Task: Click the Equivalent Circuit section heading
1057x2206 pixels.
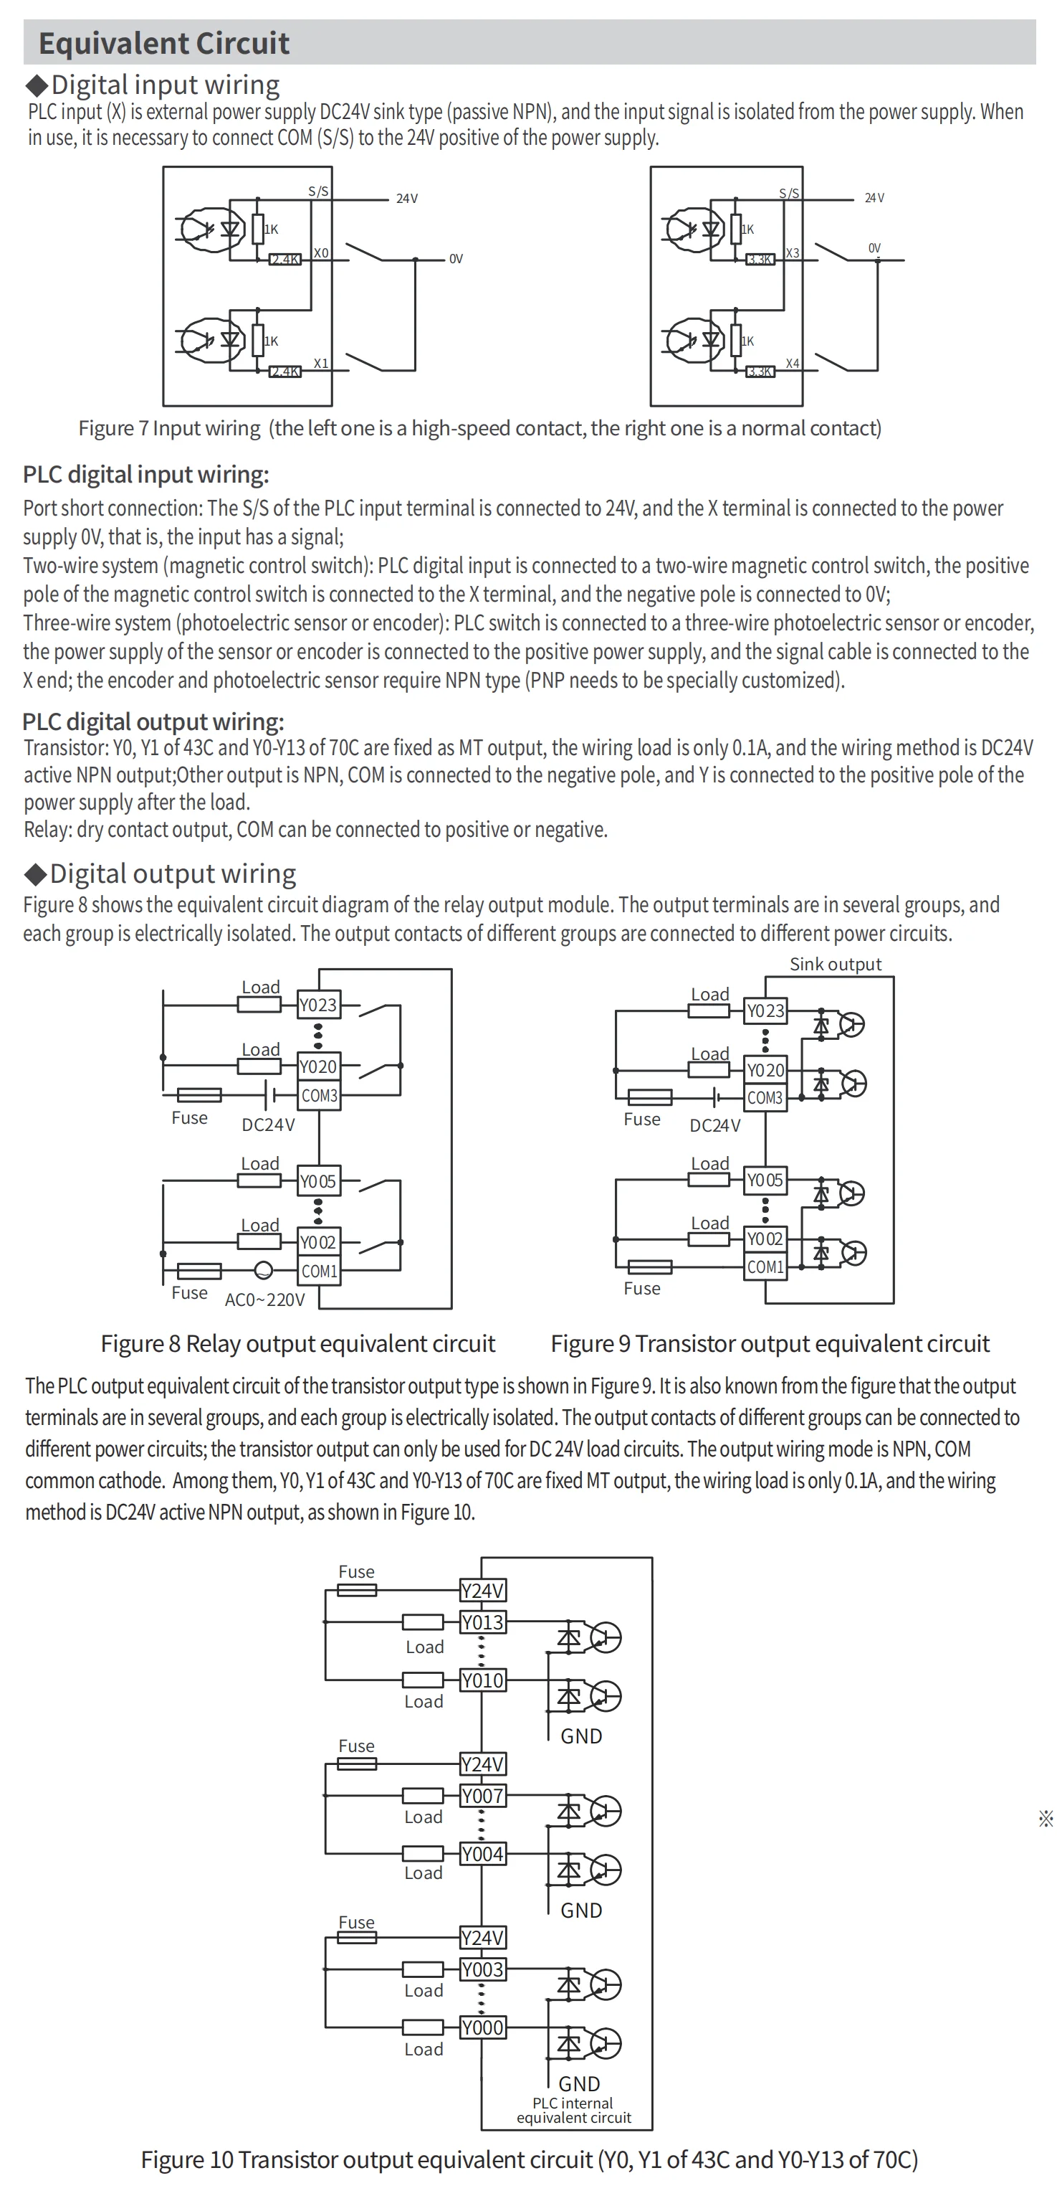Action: pos(164,43)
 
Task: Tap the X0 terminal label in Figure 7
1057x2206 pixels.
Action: pos(321,252)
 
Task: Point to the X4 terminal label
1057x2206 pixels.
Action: pos(793,364)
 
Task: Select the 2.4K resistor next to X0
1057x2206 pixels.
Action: pos(285,260)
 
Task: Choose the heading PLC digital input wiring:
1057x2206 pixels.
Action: pos(145,475)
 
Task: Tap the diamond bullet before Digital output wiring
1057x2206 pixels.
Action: pos(36,874)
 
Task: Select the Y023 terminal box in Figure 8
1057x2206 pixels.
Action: pos(318,1005)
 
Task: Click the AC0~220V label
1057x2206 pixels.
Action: pos(264,1300)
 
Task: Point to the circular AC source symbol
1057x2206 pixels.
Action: pos(264,1271)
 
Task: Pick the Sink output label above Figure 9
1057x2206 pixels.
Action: pos(836,965)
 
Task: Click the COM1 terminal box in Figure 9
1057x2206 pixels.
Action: pos(765,1267)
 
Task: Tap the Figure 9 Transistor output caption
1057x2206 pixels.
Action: pos(770,1344)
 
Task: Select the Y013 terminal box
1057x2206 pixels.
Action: pos(483,1622)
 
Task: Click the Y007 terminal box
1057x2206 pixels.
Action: pos(483,1796)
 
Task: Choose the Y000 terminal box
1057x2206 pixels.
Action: pos(483,2027)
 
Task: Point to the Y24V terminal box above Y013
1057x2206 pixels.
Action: pos(483,1590)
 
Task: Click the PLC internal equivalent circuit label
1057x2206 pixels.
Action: pos(574,2110)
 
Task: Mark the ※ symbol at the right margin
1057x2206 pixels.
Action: pos(1046,1819)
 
